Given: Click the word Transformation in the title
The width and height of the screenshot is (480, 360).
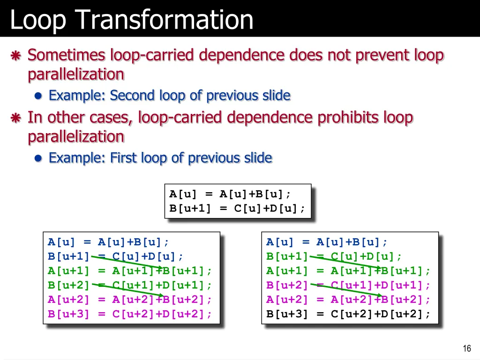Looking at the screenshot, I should (x=164, y=20).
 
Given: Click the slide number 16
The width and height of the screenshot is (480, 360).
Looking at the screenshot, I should (x=466, y=348).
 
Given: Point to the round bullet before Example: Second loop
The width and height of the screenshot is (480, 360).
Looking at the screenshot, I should (x=38, y=96).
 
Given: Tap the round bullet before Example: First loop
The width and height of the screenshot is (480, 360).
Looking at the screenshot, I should (x=38, y=158).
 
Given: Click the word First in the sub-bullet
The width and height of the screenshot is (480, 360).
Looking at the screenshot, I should (x=126, y=158).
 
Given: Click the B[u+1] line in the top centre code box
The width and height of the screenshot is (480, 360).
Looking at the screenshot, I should (x=237, y=209).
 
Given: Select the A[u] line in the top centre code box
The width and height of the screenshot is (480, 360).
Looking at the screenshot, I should (x=230, y=194).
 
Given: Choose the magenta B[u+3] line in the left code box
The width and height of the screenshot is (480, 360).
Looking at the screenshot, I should (x=130, y=314).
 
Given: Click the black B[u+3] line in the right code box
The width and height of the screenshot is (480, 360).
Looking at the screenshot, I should (x=348, y=314).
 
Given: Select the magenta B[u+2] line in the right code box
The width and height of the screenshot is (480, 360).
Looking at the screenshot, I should (x=348, y=285).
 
